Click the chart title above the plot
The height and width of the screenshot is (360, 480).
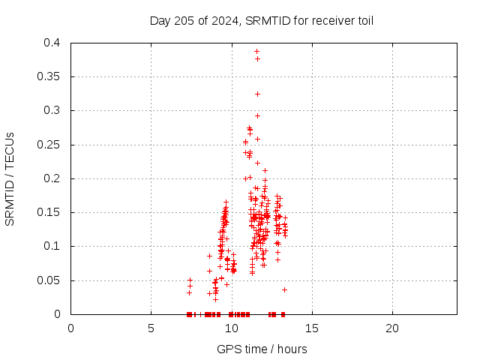pyautogui.click(x=262, y=20)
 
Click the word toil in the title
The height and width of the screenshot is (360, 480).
pyautogui.click(x=364, y=20)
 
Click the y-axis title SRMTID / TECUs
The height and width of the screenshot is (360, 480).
pyautogui.click(x=10, y=178)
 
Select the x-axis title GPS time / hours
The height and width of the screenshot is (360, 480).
pyautogui.click(x=262, y=349)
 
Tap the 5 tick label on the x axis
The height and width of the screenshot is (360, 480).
pyautogui.click(x=151, y=328)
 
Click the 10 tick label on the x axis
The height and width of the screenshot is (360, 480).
pyautogui.click(x=232, y=328)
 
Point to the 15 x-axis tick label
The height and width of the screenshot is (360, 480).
pyautogui.click(x=312, y=328)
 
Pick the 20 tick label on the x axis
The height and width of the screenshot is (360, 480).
pyautogui.click(x=392, y=328)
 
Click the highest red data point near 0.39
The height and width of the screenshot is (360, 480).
pyautogui.click(x=256, y=51)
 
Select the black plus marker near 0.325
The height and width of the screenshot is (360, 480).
pyautogui.click(x=257, y=94)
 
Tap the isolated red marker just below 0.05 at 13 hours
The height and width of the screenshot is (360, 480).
pyautogui.click(x=284, y=289)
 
